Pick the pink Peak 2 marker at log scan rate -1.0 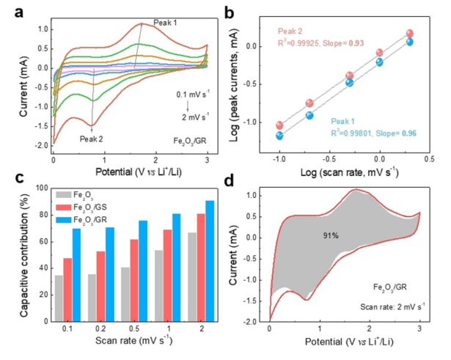pyautogui.click(x=279, y=125)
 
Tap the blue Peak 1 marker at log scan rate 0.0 pyautogui.click(x=380, y=62)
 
